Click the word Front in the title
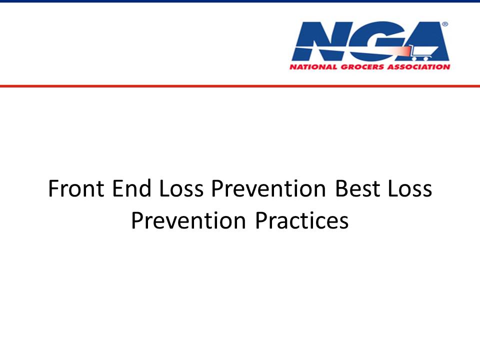76,188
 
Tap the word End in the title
132,188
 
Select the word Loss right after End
181,188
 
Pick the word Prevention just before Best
268,188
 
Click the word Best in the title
357,188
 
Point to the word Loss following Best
410,188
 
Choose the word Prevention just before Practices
188,220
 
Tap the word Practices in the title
302,220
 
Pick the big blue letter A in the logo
427,41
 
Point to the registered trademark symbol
445,24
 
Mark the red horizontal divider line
240,86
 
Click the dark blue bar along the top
240,1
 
